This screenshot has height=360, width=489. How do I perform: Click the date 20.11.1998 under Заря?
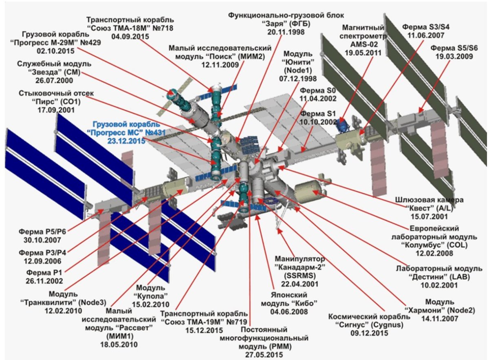coord(286,32)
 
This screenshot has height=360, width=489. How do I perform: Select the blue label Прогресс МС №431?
coord(126,133)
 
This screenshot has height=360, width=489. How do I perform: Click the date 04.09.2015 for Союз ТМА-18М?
coord(130,36)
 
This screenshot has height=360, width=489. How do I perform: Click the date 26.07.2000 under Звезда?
coord(54,80)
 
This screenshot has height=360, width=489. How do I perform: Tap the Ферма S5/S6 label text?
coord(454,48)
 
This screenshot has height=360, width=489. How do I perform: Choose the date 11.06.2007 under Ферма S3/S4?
coord(426,35)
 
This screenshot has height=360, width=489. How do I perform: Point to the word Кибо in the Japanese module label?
coord(305,303)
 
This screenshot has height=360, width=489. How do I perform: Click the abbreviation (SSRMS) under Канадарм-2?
coord(300,276)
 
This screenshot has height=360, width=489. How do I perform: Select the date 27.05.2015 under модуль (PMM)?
coord(264,355)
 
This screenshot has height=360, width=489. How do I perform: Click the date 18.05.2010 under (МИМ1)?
coord(119,345)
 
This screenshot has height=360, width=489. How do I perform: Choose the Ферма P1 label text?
coord(44,272)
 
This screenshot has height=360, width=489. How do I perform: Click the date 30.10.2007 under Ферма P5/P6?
coord(42,240)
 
